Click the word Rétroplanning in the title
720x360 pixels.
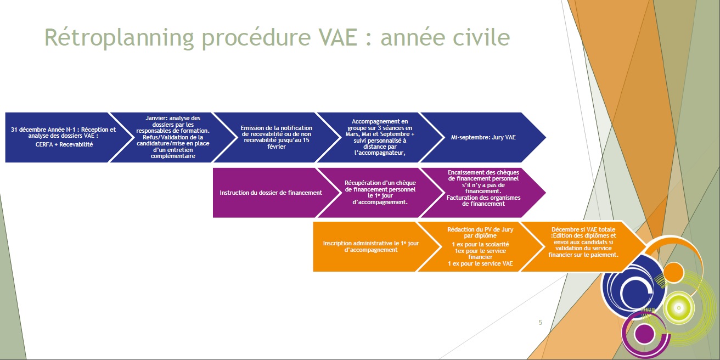(x=119, y=38)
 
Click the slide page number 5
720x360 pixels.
(x=541, y=322)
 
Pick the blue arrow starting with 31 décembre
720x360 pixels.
(x=64, y=137)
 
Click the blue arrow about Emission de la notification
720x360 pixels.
(x=277, y=137)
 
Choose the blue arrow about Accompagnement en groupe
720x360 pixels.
(x=380, y=137)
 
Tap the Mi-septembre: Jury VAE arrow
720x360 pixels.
(x=483, y=137)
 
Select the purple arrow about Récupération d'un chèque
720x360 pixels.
(x=380, y=193)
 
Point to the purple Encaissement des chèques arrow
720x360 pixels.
(x=483, y=193)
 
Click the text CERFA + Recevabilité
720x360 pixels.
(x=64, y=145)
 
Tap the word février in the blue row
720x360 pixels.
(x=277, y=147)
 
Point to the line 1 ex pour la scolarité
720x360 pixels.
(x=480, y=245)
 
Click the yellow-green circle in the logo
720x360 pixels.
(x=679, y=308)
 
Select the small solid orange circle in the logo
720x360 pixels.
(x=674, y=273)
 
